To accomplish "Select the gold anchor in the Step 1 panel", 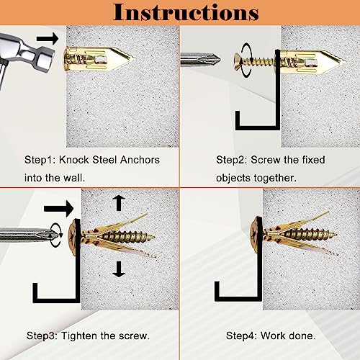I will [x=90, y=55].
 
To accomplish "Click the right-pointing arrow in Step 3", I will [x=62, y=209].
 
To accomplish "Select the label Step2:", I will [x=233, y=160].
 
